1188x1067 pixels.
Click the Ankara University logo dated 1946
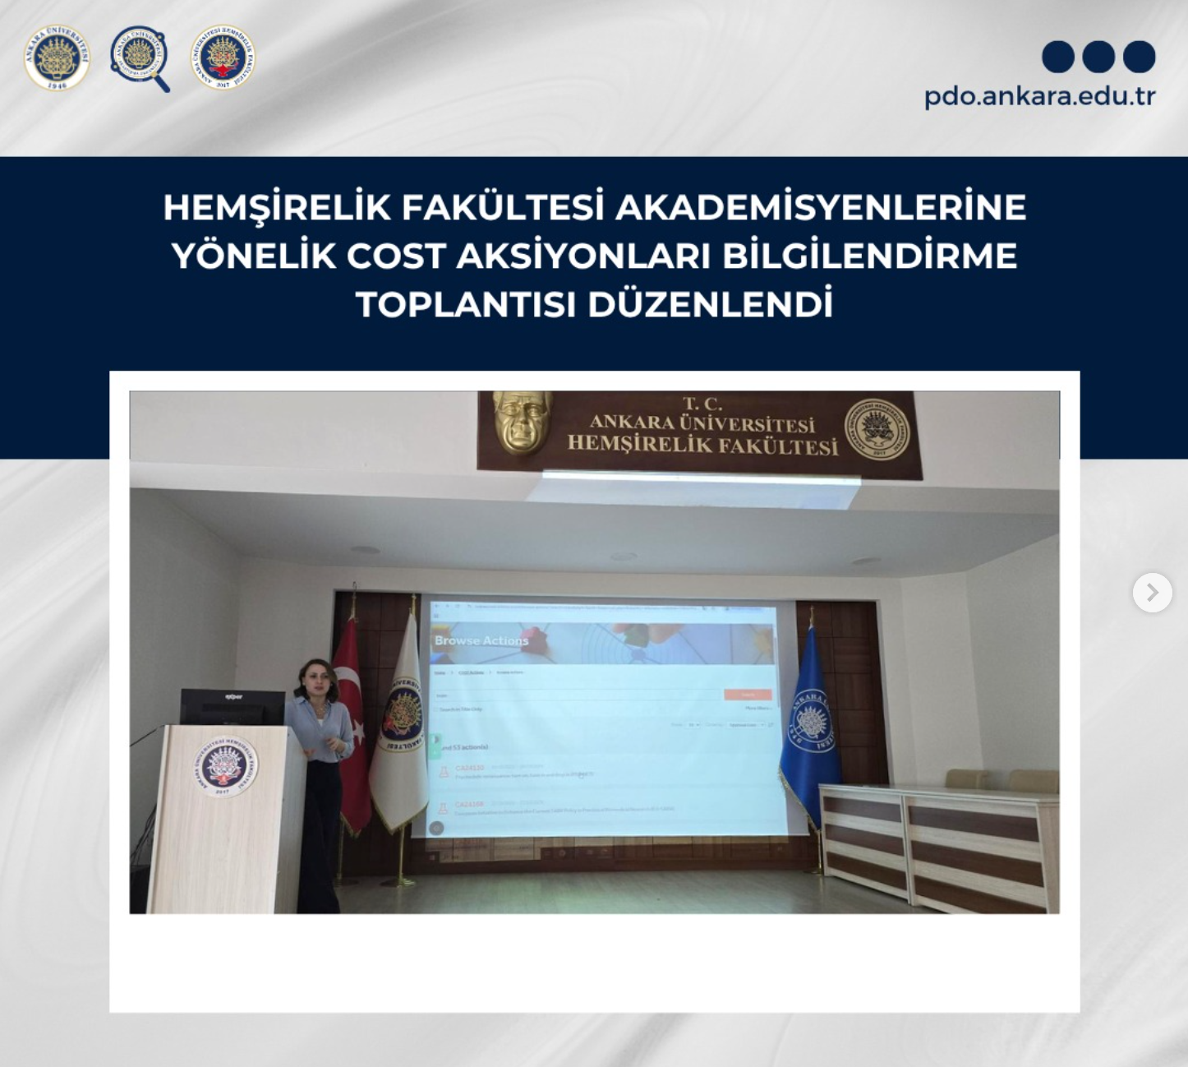tap(57, 58)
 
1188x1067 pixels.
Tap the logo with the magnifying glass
tap(139, 56)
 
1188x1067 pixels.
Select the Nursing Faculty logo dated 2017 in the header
tap(223, 57)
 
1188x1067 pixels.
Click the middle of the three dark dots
tap(1098, 57)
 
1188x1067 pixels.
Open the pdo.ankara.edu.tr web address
tap(1039, 96)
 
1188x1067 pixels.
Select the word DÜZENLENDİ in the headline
tap(710, 305)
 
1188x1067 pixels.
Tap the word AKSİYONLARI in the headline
tap(583, 256)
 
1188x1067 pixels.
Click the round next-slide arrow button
tap(1152, 592)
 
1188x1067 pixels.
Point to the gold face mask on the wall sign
tap(522, 421)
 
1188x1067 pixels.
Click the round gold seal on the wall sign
tap(877, 428)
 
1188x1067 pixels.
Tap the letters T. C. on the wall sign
tap(702, 404)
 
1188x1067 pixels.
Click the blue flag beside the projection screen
tap(809, 723)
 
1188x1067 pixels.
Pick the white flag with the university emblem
tap(400, 723)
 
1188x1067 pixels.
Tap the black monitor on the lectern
tap(233, 707)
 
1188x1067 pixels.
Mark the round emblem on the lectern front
tap(224, 766)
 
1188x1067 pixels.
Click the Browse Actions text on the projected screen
tap(481, 640)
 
